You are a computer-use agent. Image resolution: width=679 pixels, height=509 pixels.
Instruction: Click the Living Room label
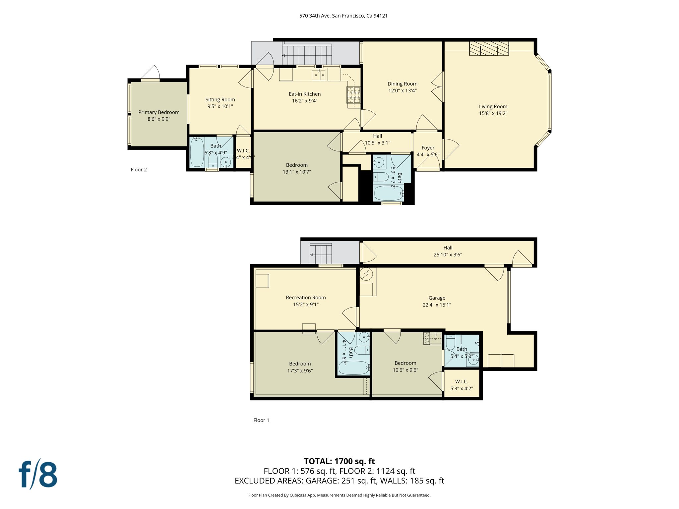[x=493, y=106]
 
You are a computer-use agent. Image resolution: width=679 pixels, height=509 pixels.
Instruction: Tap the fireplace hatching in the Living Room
[x=489, y=48]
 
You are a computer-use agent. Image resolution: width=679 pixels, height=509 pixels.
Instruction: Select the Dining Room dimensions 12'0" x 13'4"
[x=402, y=90]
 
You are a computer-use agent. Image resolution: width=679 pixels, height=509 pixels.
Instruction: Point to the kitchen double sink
[x=319, y=75]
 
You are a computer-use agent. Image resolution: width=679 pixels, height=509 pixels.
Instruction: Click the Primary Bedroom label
[x=159, y=112]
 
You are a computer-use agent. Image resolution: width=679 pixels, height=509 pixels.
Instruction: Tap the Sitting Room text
[x=220, y=99]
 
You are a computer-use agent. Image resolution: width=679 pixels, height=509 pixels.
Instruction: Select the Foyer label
[x=428, y=148]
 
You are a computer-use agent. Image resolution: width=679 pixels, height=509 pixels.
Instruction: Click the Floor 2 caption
[x=139, y=170]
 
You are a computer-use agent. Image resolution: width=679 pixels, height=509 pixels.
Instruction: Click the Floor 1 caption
[x=261, y=420]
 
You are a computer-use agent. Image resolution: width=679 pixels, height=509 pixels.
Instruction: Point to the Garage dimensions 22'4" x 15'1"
[x=437, y=305]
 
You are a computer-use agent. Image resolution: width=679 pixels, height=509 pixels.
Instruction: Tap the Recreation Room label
[x=306, y=298]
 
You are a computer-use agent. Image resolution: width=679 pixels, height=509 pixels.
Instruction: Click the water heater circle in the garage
[x=366, y=274]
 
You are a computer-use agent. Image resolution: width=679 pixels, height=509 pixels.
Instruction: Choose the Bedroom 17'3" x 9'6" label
[x=300, y=364]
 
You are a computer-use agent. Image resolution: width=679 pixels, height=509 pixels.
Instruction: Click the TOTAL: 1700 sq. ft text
[x=339, y=461]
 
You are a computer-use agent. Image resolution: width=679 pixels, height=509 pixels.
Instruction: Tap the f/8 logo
[x=38, y=475]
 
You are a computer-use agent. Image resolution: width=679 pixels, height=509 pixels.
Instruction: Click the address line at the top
[x=343, y=16]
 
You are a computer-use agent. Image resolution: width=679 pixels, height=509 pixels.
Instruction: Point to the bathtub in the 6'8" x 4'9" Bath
[x=197, y=152]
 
